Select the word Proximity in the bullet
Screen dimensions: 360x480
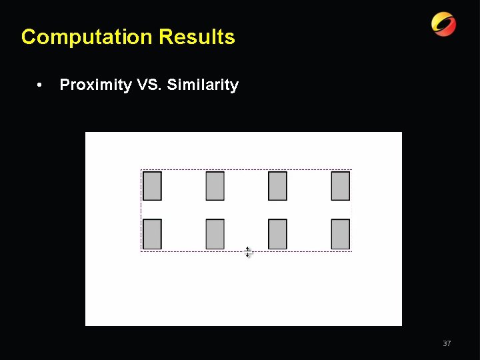[x=95, y=85]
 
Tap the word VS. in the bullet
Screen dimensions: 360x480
[x=149, y=85]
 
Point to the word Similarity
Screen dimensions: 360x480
[x=203, y=85]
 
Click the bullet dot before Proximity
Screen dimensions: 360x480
[x=41, y=85]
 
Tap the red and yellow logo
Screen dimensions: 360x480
[x=443, y=24]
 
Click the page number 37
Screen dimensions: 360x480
[x=447, y=343]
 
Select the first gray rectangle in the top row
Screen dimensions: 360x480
[x=153, y=186]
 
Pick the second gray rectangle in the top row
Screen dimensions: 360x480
[x=215, y=186]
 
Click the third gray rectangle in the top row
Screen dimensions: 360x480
[x=278, y=186]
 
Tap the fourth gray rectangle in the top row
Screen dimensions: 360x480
[x=341, y=186]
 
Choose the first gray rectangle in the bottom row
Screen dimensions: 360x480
[x=153, y=234]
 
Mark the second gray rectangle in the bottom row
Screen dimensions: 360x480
[x=215, y=234]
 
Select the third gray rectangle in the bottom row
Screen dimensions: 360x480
[x=278, y=234]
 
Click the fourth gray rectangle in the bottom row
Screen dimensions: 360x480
[x=341, y=234]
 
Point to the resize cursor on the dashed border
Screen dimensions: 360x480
[x=247, y=252]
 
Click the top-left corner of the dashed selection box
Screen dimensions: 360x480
[x=141, y=170]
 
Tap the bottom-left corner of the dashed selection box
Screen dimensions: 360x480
[x=141, y=251]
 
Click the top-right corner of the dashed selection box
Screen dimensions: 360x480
[x=351, y=170]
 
